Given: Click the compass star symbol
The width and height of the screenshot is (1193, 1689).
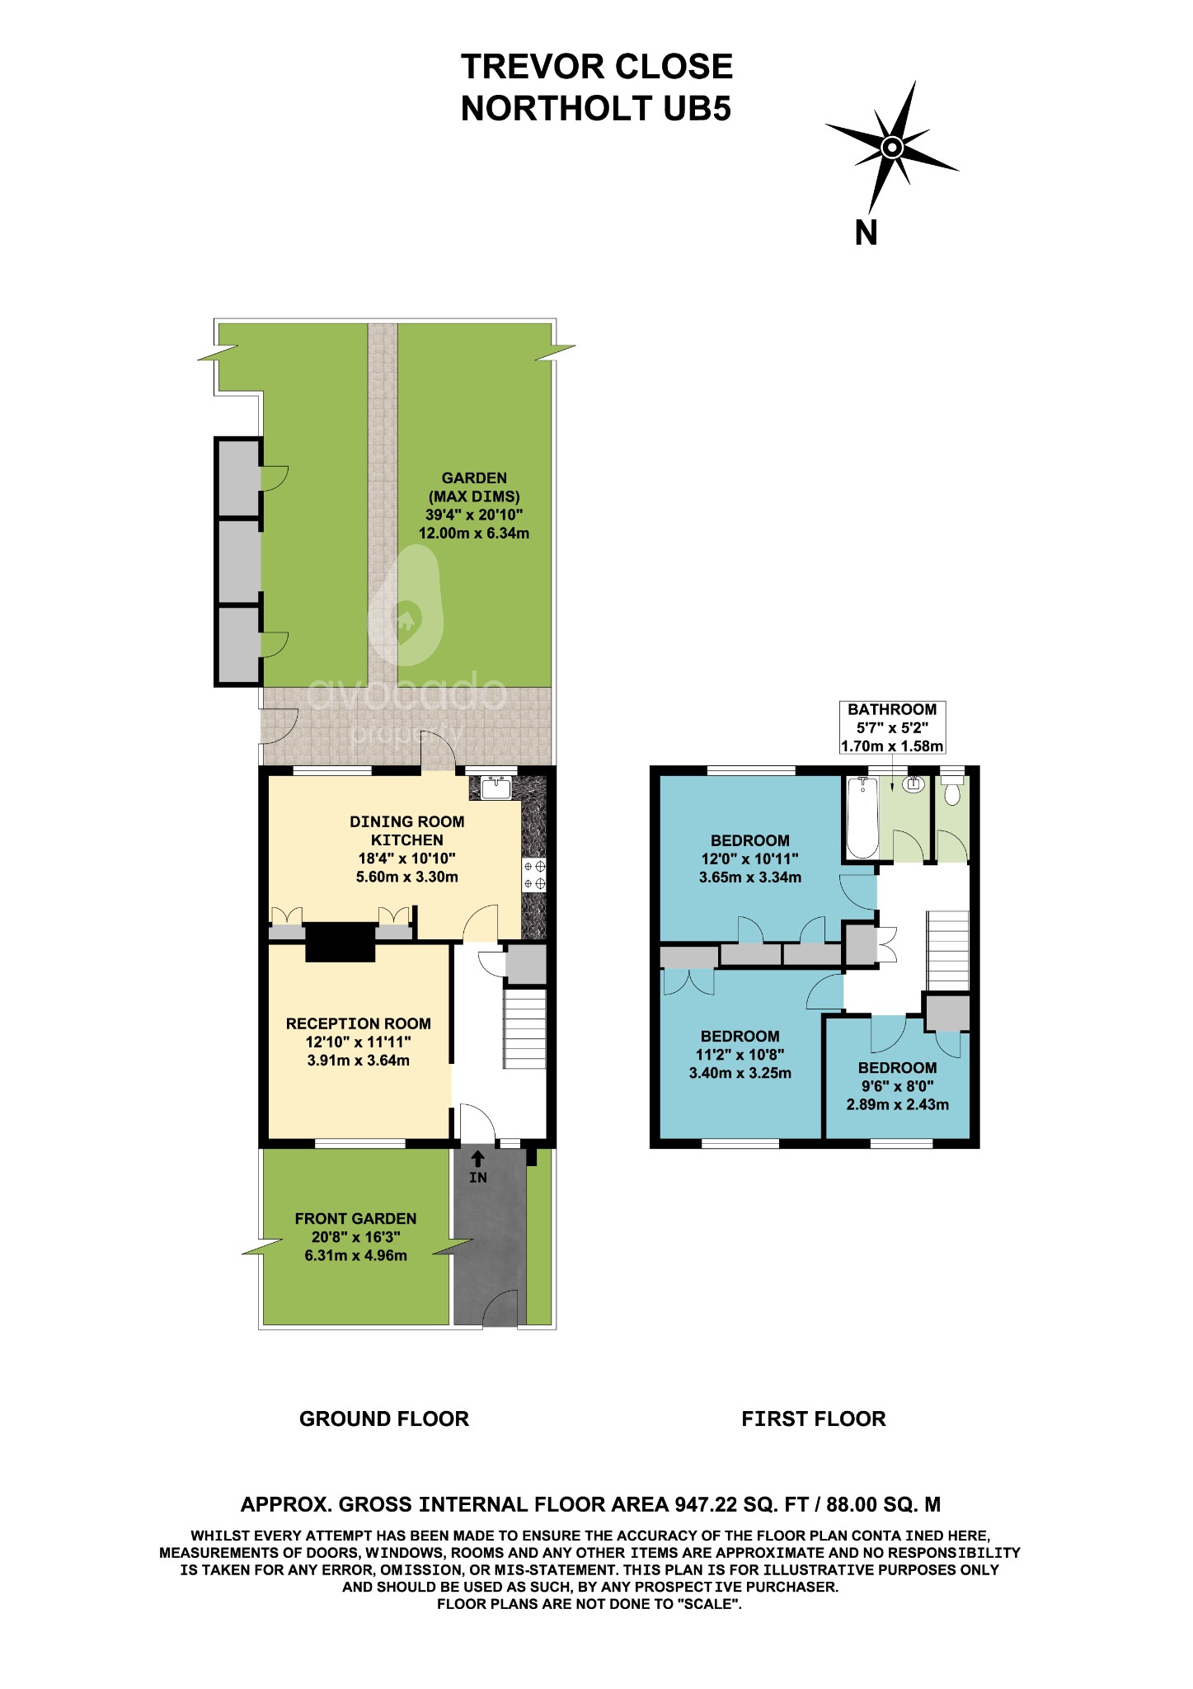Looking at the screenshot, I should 891,148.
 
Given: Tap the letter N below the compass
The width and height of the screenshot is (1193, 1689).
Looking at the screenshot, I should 866,233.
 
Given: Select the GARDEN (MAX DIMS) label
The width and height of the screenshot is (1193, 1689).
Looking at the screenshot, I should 474,487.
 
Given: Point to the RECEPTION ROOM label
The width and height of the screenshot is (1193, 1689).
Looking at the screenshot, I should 358,1023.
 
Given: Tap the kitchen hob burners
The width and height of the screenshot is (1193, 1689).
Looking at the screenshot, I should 534,875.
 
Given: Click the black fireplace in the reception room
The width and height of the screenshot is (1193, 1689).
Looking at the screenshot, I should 341,942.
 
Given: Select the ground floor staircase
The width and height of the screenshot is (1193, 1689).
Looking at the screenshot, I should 524,1028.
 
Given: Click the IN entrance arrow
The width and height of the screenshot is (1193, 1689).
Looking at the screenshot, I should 477,1160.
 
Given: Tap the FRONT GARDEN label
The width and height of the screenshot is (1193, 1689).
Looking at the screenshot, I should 355,1219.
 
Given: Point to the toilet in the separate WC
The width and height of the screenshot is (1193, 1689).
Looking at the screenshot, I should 952,793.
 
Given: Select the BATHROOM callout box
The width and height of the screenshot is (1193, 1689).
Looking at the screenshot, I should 891,727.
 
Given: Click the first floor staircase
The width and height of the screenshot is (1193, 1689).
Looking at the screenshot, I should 948,950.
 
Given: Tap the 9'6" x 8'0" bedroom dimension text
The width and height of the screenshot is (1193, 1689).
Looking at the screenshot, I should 897,1086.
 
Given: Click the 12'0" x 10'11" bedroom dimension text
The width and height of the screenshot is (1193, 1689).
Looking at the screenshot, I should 749,859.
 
